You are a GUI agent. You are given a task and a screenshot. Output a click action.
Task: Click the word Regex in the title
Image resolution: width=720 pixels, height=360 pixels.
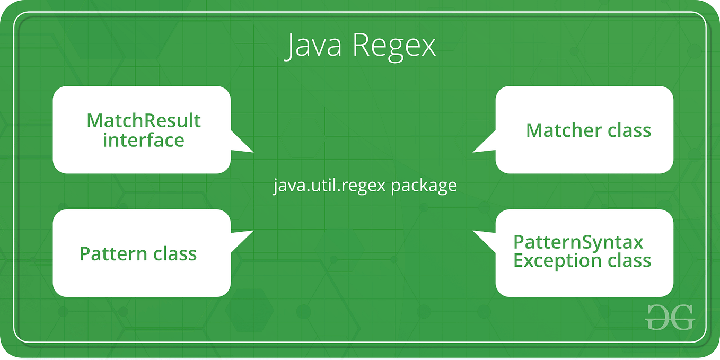pos(393,47)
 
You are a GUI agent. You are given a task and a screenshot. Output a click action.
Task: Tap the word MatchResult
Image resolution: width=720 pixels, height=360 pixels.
pos(144,121)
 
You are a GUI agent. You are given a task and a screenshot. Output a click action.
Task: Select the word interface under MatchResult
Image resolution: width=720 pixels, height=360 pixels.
pos(144,141)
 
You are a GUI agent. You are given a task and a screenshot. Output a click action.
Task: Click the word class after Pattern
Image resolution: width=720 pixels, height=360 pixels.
pos(175,254)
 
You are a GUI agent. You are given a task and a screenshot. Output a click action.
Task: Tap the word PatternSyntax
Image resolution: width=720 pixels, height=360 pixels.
pos(578,242)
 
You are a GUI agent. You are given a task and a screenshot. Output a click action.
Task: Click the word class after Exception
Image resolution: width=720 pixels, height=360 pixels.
pos(629,261)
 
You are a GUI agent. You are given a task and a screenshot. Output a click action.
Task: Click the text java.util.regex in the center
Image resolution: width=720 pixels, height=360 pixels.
pos(329,186)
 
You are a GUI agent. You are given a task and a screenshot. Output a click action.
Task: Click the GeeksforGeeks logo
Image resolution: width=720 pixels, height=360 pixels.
pos(670,317)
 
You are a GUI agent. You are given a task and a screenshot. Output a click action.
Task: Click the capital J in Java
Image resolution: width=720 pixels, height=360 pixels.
pos(289,47)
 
